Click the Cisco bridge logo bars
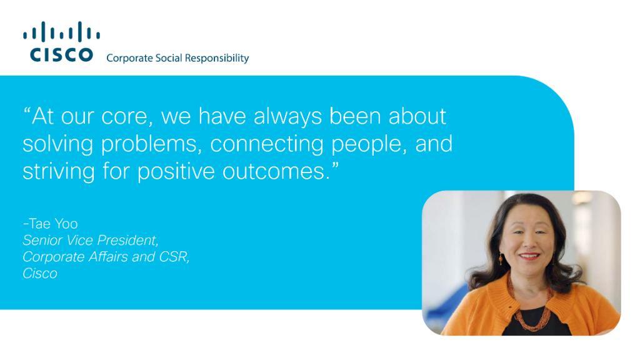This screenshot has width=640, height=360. [61, 31]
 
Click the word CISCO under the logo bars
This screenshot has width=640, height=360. [61, 55]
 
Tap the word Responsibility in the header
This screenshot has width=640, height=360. [217, 58]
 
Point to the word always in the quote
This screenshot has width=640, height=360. [287, 117]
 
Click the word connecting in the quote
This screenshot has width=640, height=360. [267, 144]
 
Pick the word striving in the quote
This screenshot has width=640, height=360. [59, 171]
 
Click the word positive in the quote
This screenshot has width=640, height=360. [176, 171]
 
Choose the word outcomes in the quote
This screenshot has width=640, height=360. [276, 171]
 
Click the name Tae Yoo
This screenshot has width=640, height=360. [53, 224]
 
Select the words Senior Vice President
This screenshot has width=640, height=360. [90, 241]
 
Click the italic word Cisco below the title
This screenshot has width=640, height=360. [40, 274]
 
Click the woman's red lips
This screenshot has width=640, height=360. [529, 256]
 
